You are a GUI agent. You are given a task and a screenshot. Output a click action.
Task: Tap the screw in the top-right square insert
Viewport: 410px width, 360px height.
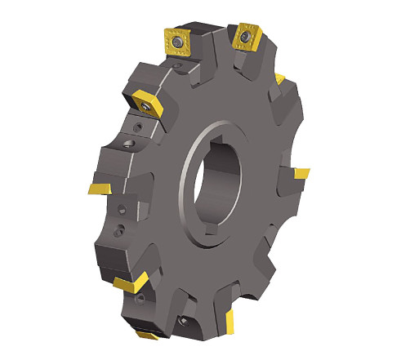point(244,38)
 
